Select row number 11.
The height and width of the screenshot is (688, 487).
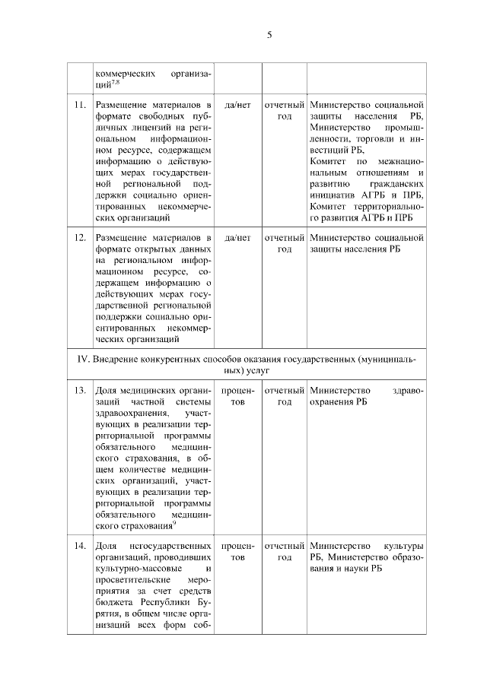[x=79, y=103]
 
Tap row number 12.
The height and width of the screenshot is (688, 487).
[x=79, y=238]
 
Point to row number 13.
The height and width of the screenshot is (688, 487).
[x=79, y=391]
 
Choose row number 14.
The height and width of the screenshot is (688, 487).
[x=79, y=547]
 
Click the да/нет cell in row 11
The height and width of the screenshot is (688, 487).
[x=238, y=103]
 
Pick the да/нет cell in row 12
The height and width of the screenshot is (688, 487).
[x=238, y=238]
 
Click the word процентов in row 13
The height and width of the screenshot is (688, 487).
[x=238, y=396]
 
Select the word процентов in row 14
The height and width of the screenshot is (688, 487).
[x=238, y=552]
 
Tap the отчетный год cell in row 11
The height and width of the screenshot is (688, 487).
[x=284, y=109]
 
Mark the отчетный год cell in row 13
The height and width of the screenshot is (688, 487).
[x=284, y=396]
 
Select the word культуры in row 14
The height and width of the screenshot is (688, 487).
[x=404, y=547]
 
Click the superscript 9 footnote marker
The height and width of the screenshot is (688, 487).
[x=174, y=522]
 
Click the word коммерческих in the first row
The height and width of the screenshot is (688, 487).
[x=123, y=73]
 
